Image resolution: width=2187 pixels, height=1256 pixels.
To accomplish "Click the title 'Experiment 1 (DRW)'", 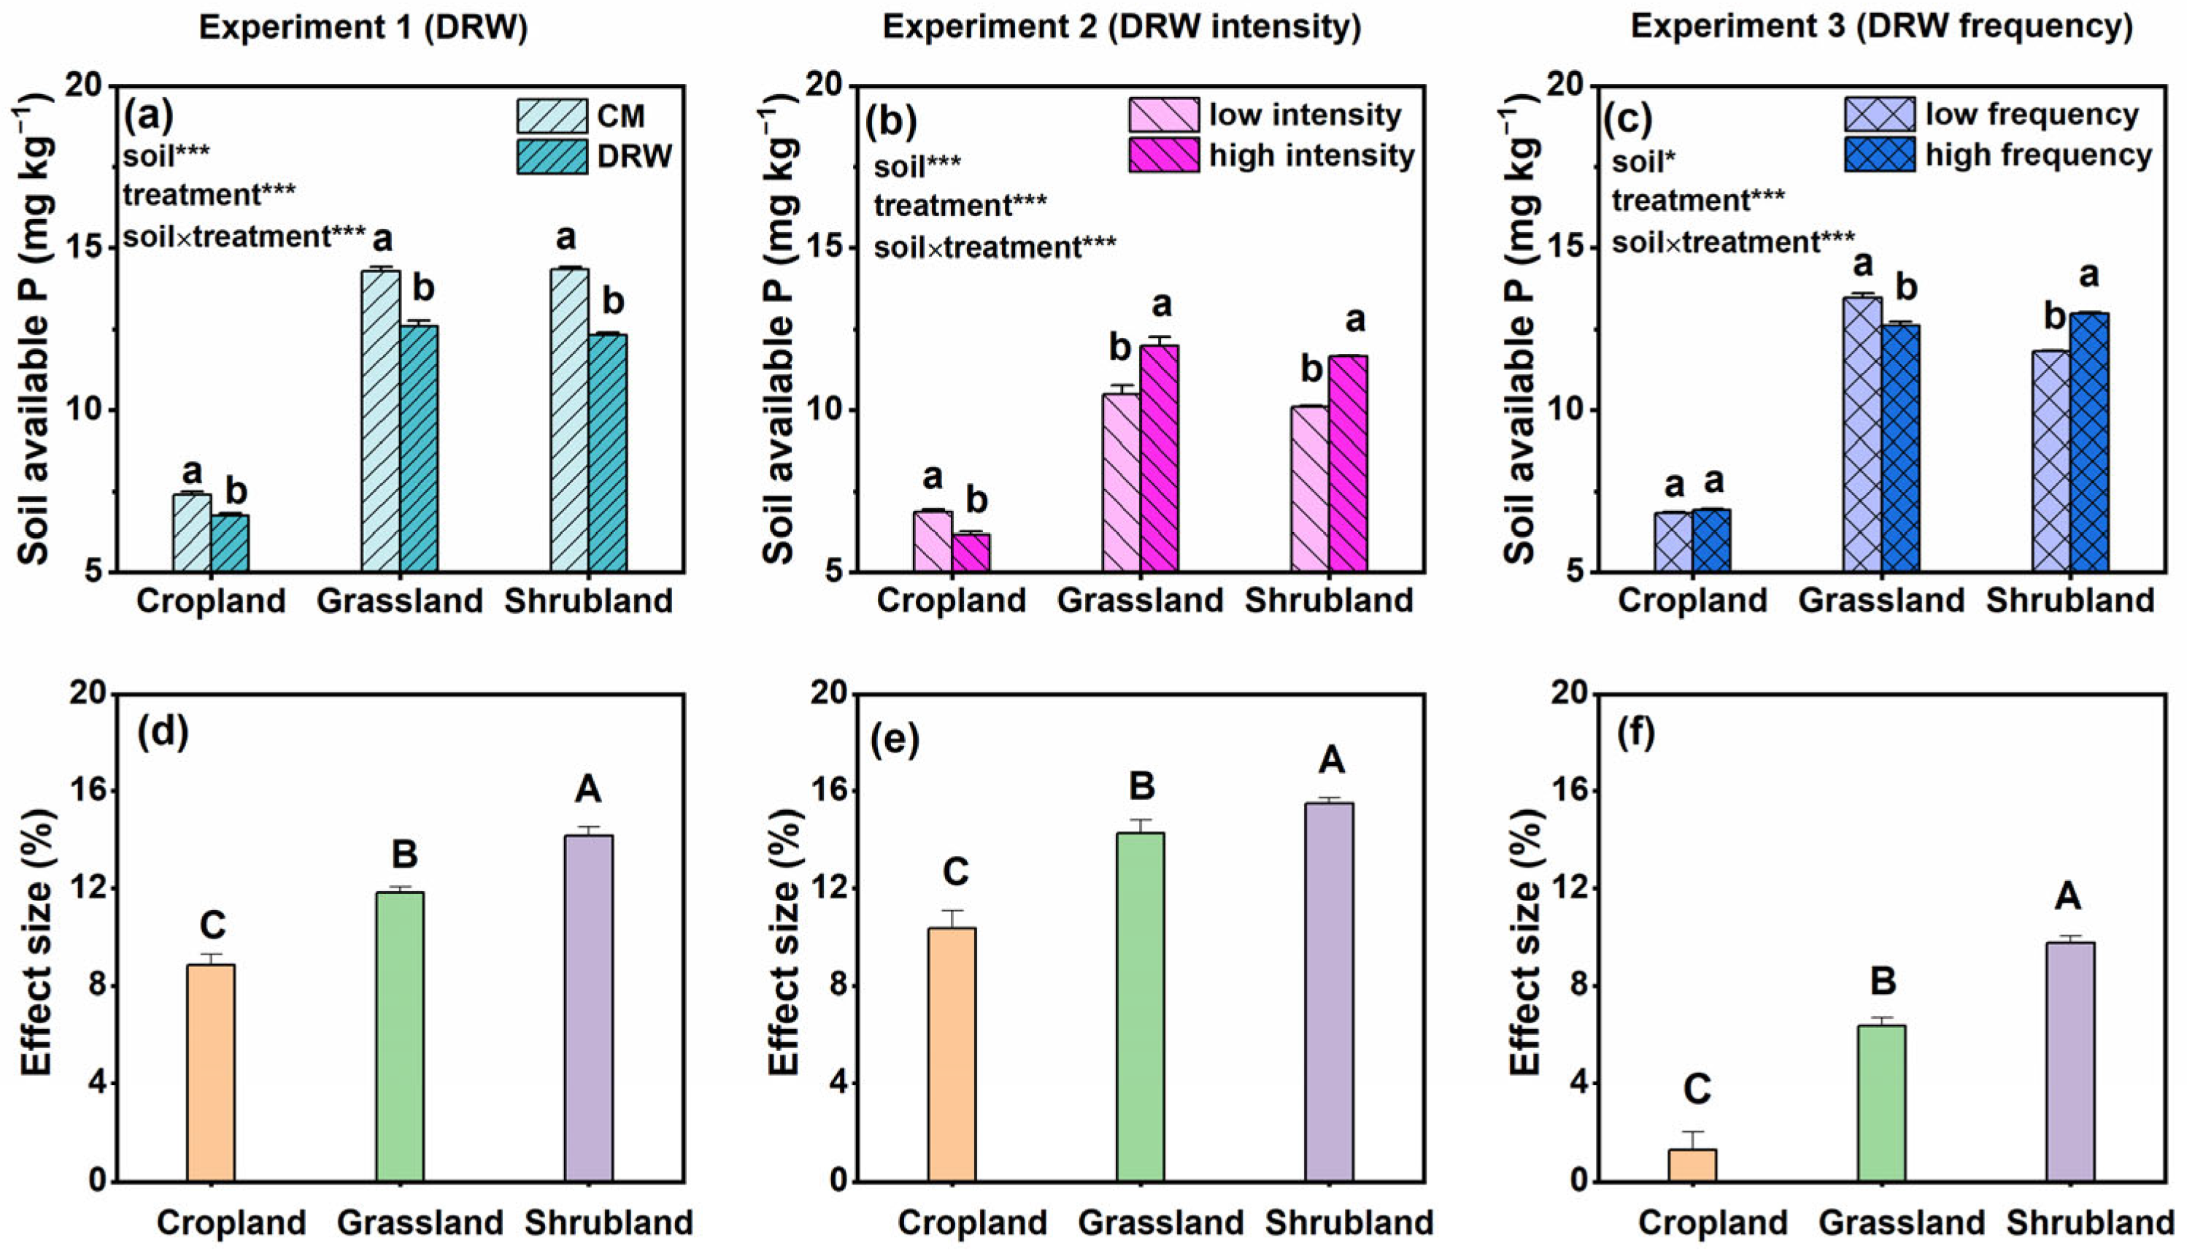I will click(x=363, y=28).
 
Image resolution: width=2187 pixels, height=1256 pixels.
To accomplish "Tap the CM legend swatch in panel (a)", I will click(x=552, y=115).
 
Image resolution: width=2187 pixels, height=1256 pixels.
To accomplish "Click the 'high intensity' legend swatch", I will click(x=1163, y=155).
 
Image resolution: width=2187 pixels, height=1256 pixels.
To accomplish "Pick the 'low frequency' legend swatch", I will click(x=1880, y=114).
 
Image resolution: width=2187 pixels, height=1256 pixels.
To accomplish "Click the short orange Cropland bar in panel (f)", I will click(x=1692, y=1165).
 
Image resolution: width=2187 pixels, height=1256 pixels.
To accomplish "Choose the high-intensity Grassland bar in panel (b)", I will click(x=1160, y=457).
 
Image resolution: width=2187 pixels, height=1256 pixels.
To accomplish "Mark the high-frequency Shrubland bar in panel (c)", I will click(x=2088, y=442).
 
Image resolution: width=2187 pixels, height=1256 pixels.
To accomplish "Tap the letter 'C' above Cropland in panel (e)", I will click(x=954, y=872).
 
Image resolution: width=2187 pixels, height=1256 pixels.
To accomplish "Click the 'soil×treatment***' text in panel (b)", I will click(x=995, y=247).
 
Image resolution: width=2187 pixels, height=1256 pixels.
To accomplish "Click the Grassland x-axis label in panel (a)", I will click(x=399, y=601).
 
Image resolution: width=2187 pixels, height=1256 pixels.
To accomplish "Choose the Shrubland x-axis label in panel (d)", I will click(x=609, y=1222).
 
